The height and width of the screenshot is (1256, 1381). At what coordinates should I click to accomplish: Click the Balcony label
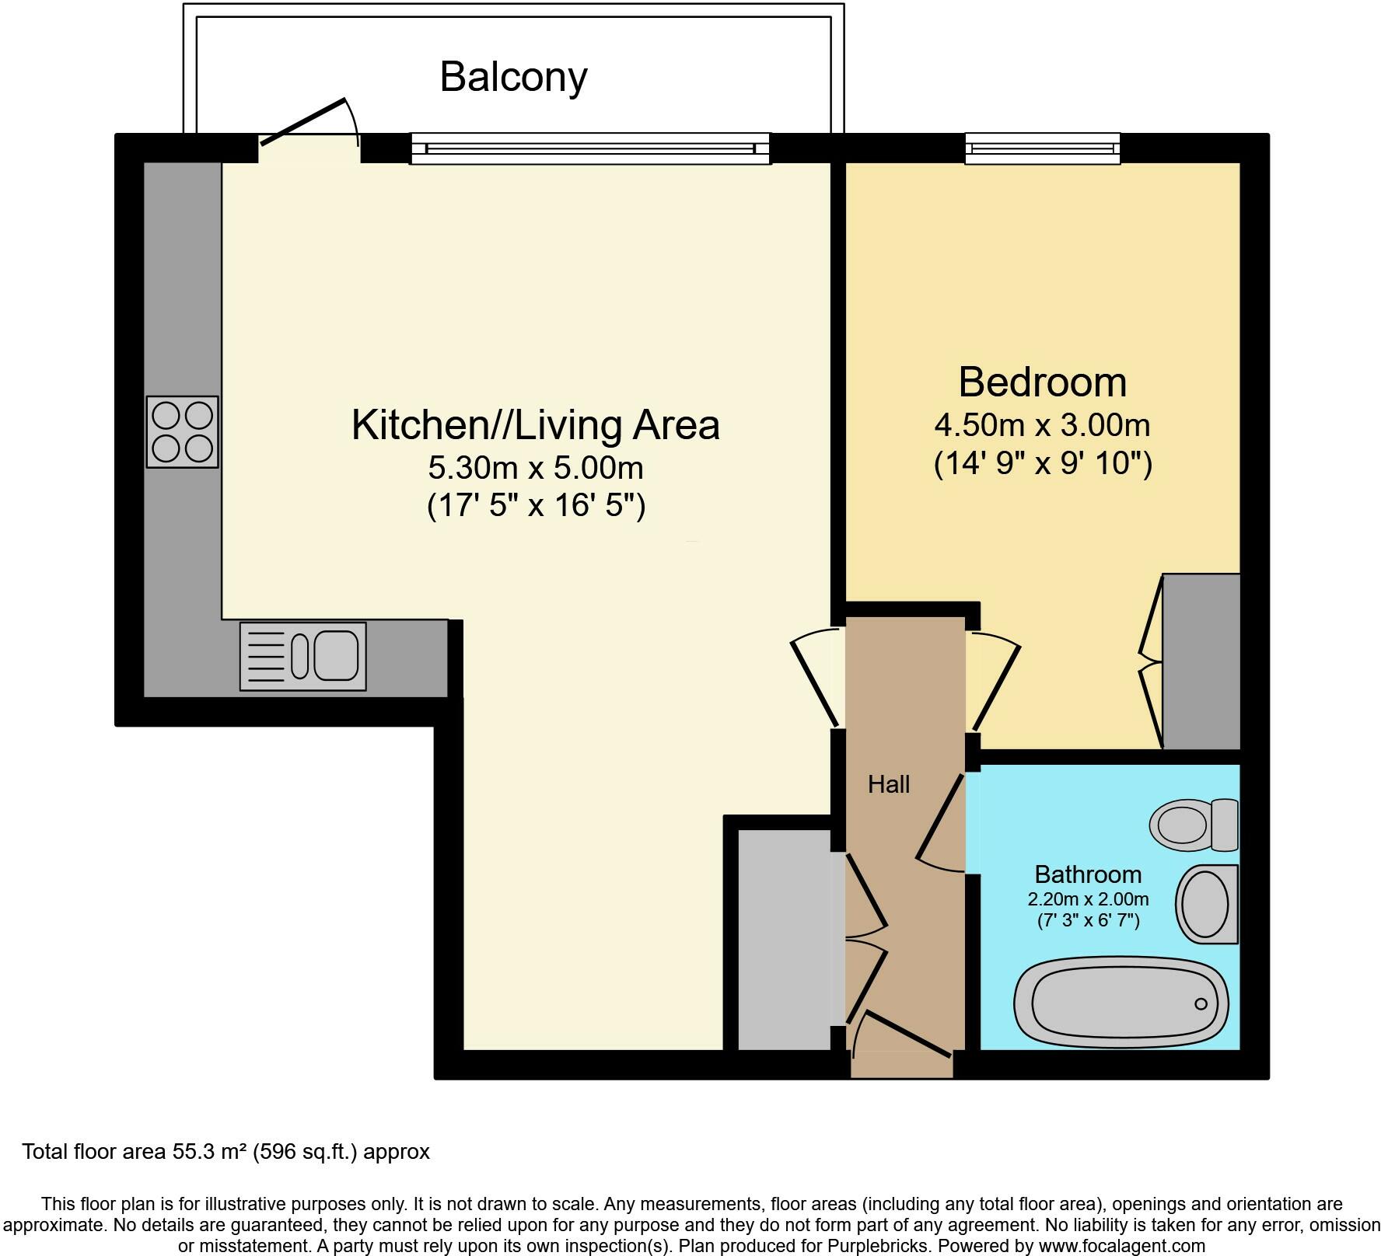pos(513,78)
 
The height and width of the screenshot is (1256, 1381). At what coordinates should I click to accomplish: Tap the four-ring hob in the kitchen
pos(183,432)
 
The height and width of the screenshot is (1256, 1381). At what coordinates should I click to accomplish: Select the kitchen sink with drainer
pos(302,656)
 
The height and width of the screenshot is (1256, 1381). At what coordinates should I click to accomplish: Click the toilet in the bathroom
pos(1194,825)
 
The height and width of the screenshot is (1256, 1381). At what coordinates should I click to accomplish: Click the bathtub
pos(1121,1001)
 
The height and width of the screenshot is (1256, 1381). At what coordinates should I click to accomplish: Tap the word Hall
pos(889,784)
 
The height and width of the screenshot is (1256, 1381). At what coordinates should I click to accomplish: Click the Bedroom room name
pos(1043,382)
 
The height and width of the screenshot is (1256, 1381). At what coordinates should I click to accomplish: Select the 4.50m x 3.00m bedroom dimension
pos(1043,425)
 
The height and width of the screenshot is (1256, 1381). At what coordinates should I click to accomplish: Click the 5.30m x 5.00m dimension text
pos(536,468)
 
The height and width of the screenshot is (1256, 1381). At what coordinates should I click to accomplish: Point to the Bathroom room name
pos(1088,874)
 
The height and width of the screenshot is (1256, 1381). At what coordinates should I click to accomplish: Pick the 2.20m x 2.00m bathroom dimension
pos(1088,899)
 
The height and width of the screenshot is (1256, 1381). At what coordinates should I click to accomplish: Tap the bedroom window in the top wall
pos(1043,148)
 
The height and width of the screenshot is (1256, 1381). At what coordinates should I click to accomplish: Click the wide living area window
pos(590,148)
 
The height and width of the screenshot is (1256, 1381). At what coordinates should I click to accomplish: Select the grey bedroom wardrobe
pos(1201,661)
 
